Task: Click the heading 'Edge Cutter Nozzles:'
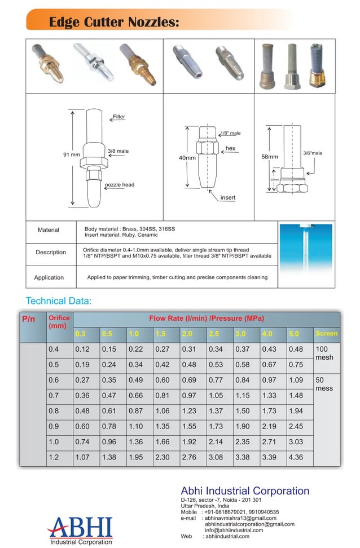(114, 22)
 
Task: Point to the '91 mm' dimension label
(71, 154)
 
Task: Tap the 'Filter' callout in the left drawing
(118, 117)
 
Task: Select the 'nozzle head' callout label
(120, 185)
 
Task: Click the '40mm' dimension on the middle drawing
(187, 158)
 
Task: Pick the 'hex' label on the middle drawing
(230, 148)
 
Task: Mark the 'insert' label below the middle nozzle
(227, 198)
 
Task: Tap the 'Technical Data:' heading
(59, 300)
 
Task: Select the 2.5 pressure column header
(214, 334)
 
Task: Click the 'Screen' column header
(327, 334)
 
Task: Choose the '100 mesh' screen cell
(326, 353)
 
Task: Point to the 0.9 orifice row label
(54, 427)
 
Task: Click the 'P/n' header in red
(29, 319)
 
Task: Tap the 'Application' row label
(49, 277)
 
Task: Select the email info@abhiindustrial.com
(234, 530)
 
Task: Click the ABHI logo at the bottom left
(80, 531)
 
